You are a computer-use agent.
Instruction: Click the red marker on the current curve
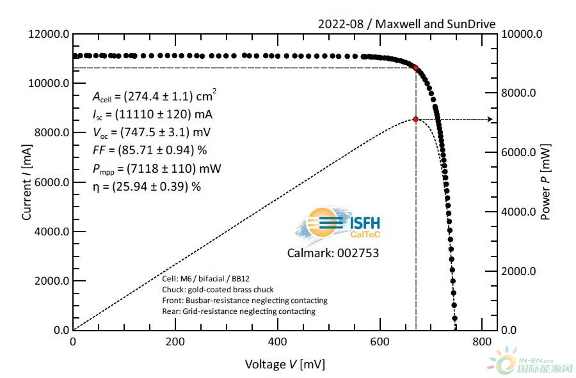(416, 68)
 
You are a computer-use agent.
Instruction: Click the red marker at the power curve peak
(416, 119)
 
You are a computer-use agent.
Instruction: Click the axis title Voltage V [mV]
(284, 365)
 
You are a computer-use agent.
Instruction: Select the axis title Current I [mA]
(27, 182)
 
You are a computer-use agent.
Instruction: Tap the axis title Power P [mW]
(545, 182)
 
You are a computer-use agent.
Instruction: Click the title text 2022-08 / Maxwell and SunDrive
(406, 24)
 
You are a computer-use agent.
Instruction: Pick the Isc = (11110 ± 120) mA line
(153, 115)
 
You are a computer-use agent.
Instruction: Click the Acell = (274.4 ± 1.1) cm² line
(154, 97)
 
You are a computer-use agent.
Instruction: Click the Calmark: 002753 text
(333, 253)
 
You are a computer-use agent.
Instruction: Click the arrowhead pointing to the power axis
(490, 119)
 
